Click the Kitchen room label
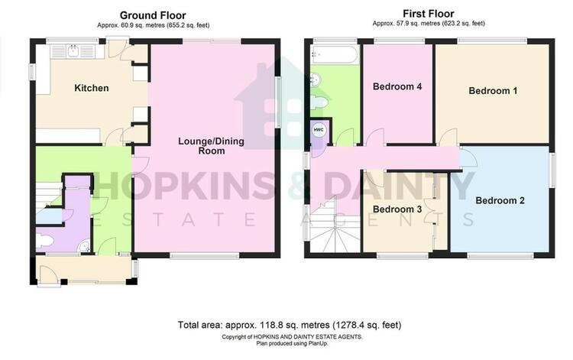(x=92, y=88)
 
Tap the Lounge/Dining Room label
(x=211, y=146)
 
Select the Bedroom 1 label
(x=493, y=91)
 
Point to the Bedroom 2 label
(x=500, y=200)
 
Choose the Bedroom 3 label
(x=397, y=209)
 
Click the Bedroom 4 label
(x=397, y=86)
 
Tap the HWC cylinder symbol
(x=319, y=130)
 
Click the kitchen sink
(x=74, y=51)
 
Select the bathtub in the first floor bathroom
(x=335, y=54)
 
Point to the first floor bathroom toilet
(x=319, y=101)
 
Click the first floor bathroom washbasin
(x=316, y=79)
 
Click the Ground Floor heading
(x=153, y=15)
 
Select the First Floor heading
(x=429, y=14)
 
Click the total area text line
(x=290, y=325)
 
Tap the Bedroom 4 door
(x=374, y=138)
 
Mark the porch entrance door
(x=50, y=274)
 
